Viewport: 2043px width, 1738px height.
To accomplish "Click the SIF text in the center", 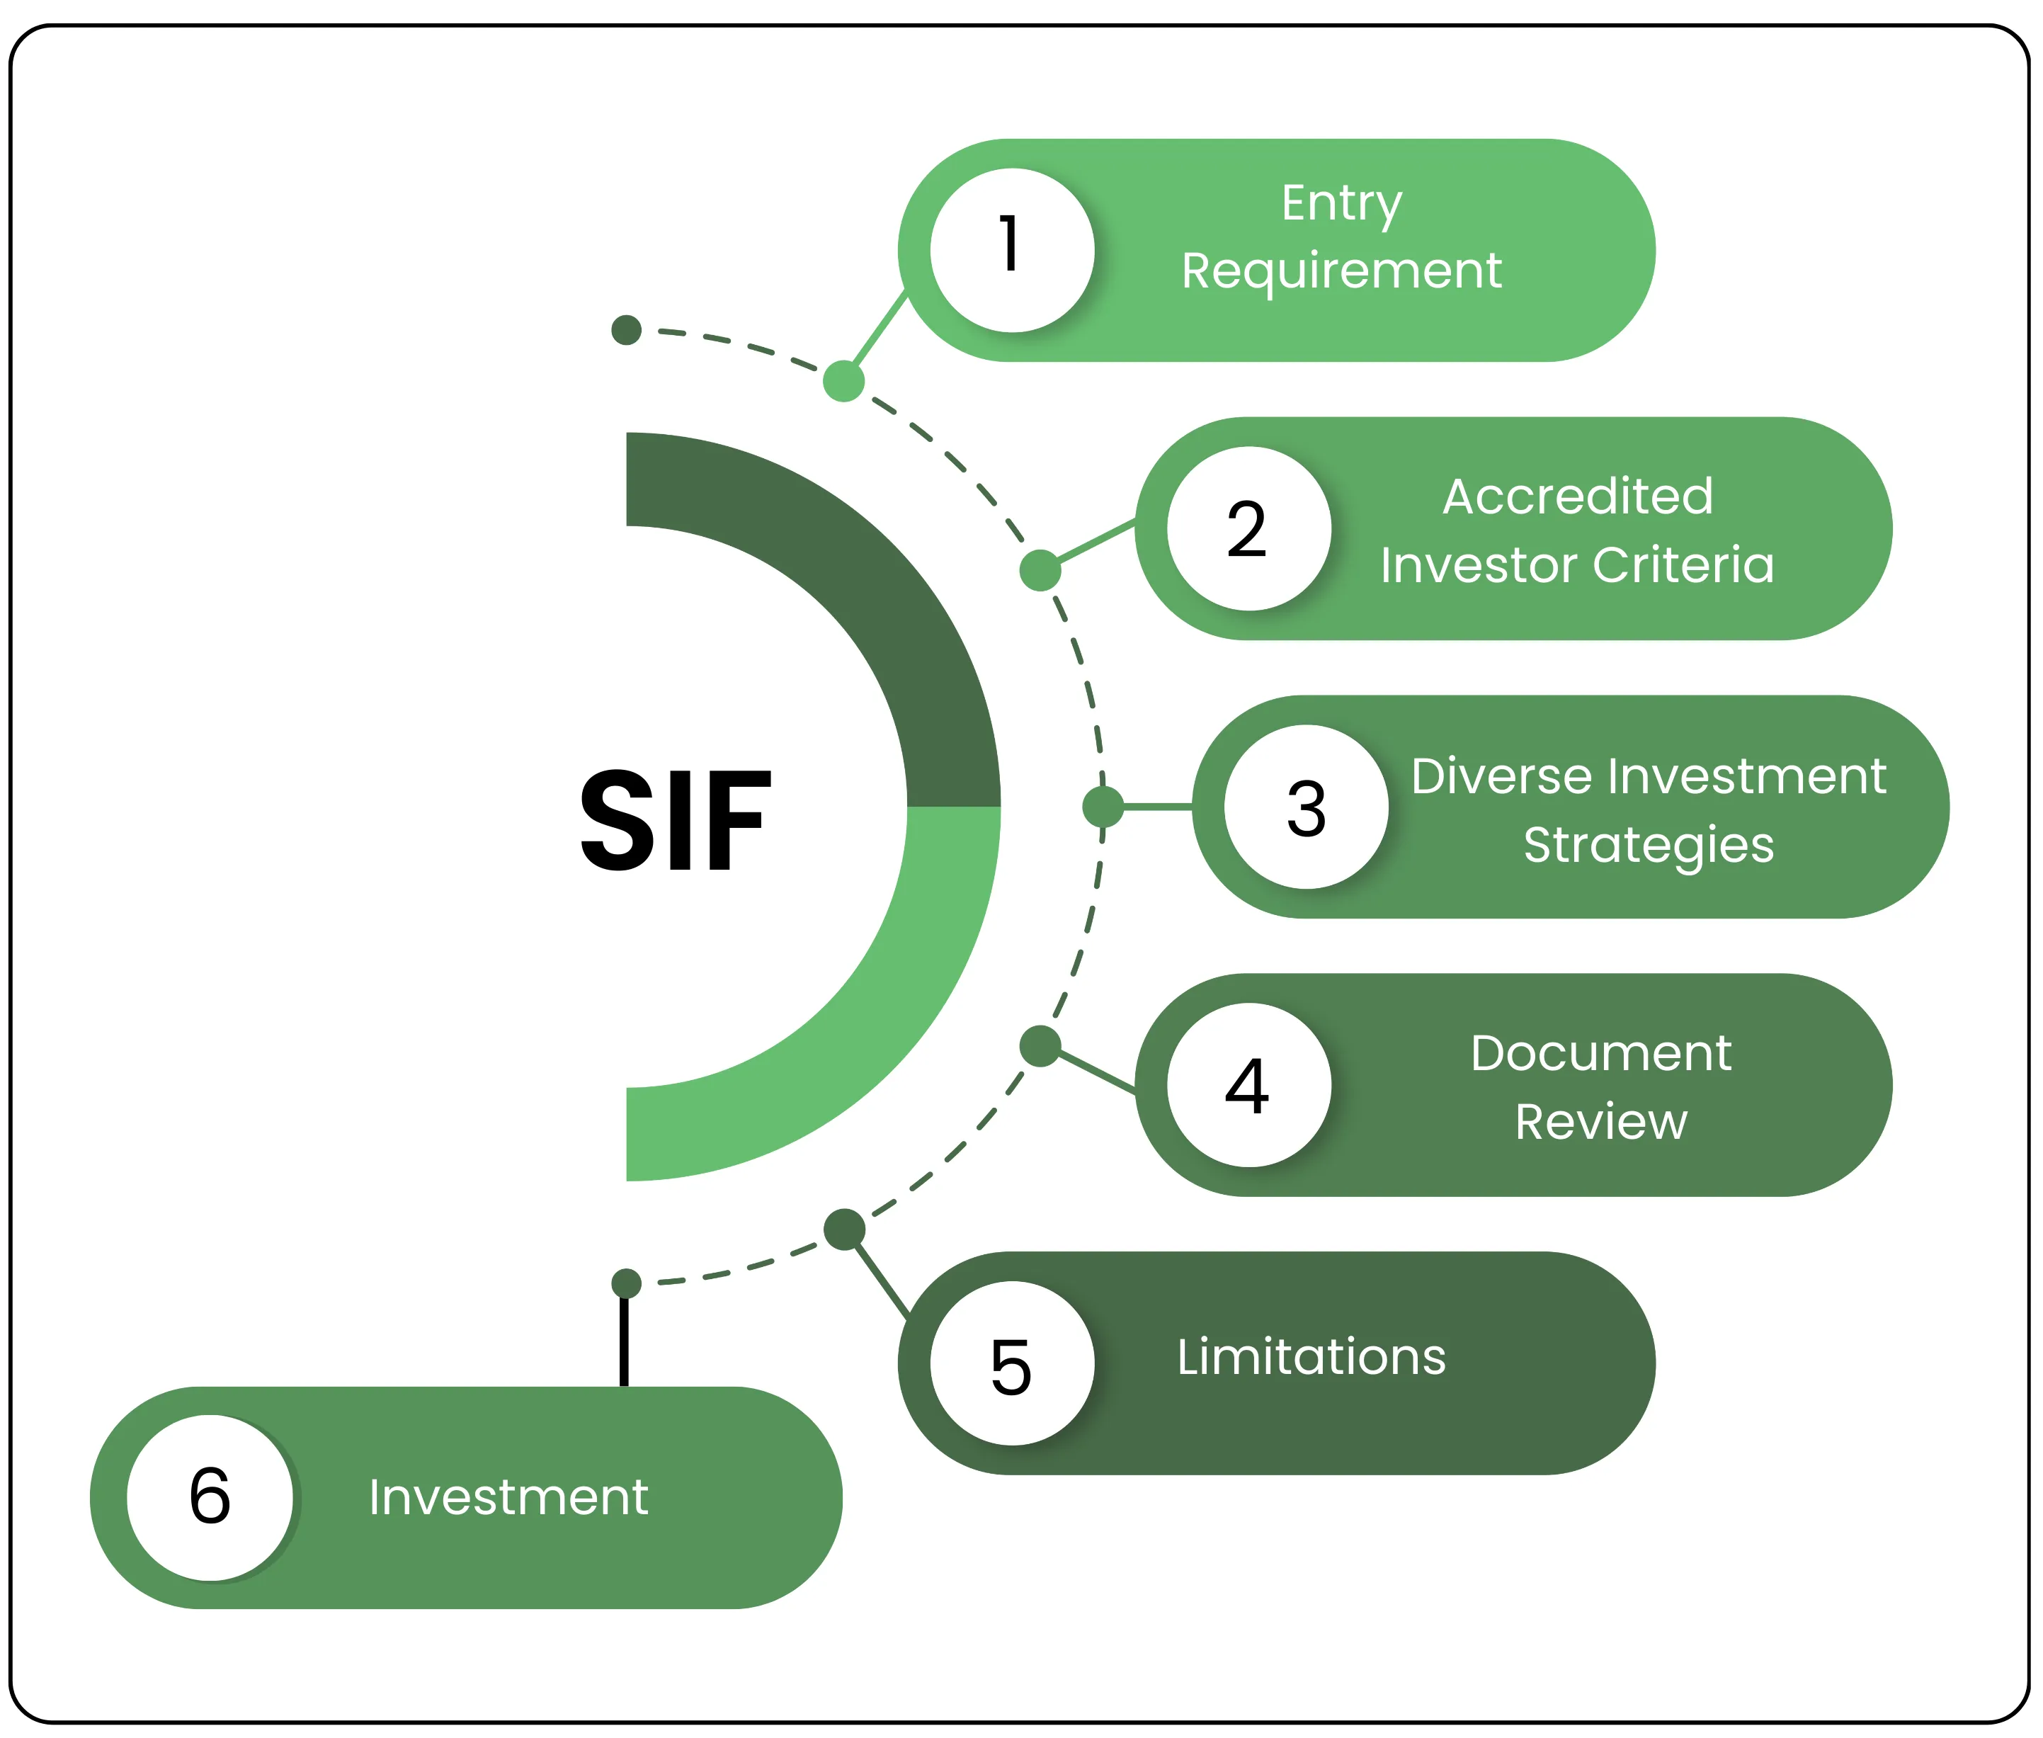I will coord(675,821).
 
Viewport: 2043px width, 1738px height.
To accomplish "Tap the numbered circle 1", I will coord(1012,249).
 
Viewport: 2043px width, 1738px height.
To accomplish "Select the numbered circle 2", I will coord(1248,529).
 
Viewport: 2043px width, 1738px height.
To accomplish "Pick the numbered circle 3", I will coord(1307,807).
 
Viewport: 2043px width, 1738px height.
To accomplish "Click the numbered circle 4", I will coord(1248,1085).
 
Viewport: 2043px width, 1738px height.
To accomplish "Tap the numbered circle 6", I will coord(210,1496).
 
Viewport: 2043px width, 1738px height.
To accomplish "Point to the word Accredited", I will coord(1577,496).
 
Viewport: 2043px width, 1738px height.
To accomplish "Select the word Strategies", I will coord(1648,844).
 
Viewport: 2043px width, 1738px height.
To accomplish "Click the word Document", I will coord(1600,1052).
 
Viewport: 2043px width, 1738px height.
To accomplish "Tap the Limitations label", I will coord(1311,1357).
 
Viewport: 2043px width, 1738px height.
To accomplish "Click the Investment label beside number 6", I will coord(508,1496).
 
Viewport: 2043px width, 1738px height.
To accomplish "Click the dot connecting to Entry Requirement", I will coord(843,381).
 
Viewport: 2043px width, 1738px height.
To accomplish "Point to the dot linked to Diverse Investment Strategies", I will coord(1103,807).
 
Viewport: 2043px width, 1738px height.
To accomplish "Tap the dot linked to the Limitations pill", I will coord(844,1229).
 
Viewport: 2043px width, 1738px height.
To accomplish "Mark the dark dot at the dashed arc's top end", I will coord(627,330).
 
